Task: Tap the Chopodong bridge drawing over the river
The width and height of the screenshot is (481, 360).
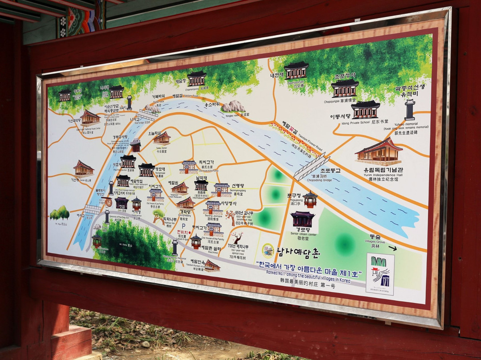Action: pos(312,167)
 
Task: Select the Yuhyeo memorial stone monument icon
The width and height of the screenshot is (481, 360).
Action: pos(410,110)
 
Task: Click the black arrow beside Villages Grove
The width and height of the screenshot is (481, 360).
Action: pos(392,248)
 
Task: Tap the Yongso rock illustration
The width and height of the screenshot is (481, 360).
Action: pos(233,106)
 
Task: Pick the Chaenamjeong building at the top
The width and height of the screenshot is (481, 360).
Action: pos(196,79)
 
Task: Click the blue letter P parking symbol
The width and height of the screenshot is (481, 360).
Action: pos(183,226)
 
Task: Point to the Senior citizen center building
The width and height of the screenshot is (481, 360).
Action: pos(302,219)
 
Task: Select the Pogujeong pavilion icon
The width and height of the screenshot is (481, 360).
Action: pos(310,200)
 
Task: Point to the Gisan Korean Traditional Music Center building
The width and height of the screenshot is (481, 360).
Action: pos(90,117)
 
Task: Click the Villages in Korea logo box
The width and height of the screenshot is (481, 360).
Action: pos(380,274)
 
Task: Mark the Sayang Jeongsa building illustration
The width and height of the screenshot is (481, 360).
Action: pos(213,207)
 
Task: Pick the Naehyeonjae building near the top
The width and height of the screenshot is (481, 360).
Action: pos(296,70)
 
